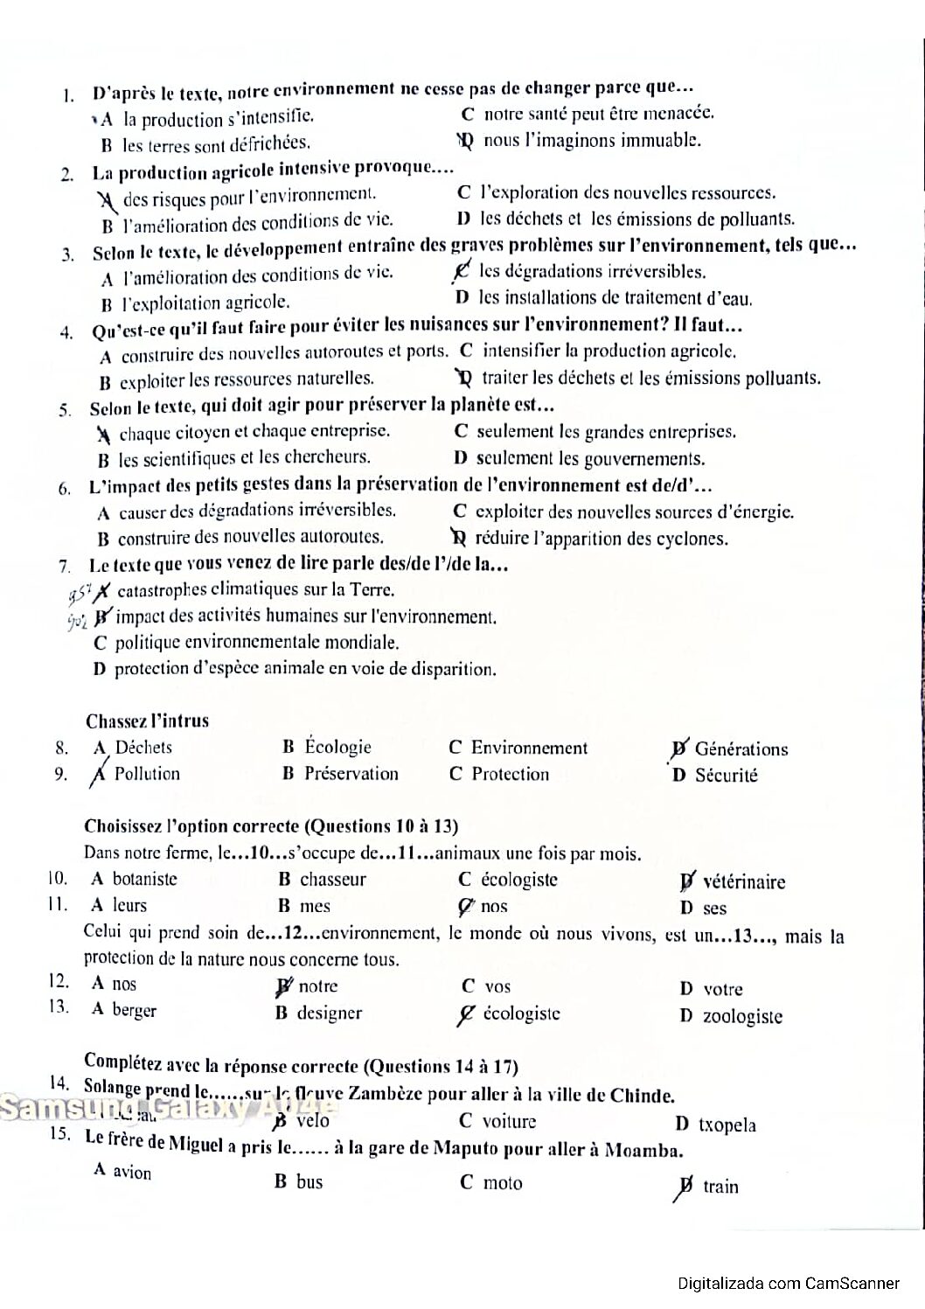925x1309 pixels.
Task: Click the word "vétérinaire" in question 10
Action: click(743, 881)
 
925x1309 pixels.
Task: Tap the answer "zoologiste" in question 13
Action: click(742, 1016)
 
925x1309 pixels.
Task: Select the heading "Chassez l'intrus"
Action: click(147, 721)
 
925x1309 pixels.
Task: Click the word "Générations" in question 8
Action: click(741, 748)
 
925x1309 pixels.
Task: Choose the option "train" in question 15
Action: click(720, 1187)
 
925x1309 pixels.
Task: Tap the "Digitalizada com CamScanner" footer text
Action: click(789, 1284)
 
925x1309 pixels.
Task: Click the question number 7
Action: click(64, 566)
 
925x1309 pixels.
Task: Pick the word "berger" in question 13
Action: click(134, 1010)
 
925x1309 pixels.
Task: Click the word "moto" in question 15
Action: click(503, 1183)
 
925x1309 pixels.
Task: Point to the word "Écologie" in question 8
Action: click(337, 747)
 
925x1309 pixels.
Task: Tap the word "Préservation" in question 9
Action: click(351, 774)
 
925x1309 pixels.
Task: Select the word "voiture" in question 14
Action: click(509, 1121)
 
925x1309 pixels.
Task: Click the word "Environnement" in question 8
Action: click(529, 748)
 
